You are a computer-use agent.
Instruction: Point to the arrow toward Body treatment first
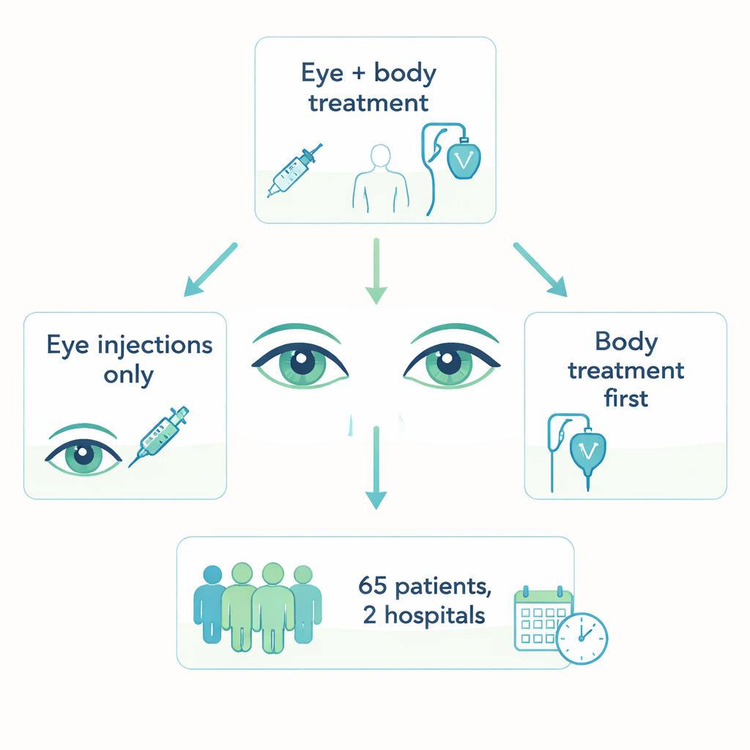(x=540, y=270)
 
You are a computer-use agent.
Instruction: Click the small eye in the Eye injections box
(x=85, y=455)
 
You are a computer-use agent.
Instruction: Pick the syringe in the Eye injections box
(x=160, y=436)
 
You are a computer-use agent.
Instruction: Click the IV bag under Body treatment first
(x=587, y=451)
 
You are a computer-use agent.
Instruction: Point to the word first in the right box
(x=626, y=398)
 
